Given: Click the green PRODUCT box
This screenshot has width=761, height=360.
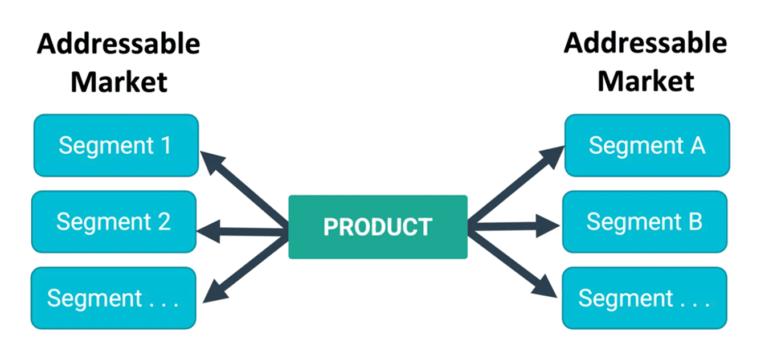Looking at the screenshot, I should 378,227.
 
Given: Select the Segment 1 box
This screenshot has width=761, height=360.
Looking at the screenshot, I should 116,145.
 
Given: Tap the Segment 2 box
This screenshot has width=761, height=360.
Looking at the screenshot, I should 114,221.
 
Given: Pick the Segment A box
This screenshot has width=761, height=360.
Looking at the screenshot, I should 647,145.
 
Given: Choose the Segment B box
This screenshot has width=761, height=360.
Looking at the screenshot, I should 645,221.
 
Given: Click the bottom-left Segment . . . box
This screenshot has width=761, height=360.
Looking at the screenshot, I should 113,298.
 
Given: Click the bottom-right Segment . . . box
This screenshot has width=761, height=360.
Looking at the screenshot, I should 645,298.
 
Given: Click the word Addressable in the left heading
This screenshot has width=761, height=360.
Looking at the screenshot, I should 118,44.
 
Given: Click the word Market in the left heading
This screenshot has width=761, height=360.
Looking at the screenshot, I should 118,81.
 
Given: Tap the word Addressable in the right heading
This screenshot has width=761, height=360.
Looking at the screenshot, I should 645,43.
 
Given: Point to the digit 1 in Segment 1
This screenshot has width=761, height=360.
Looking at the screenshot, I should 166,145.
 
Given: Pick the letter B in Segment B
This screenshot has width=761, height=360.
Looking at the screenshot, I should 695,221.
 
